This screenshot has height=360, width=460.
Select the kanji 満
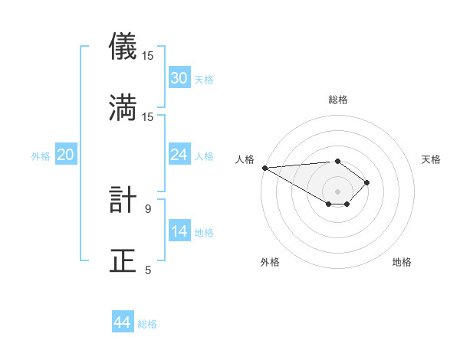pos(123,107)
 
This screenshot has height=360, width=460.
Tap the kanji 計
pos(123,201)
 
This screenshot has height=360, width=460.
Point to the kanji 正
pos(123,260)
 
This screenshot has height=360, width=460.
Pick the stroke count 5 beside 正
pos(148,270)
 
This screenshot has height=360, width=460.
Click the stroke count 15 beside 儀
pos(148,56)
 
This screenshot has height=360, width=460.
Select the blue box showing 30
pos(179,78)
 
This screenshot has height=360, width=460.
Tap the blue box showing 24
pos(179,155)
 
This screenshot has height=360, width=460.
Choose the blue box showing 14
pos(179,231)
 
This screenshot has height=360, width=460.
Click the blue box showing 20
pos(66,155)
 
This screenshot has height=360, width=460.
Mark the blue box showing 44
pos(123,322)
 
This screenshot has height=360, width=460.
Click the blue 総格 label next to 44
pos(147,324)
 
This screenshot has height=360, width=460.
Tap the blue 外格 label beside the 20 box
pos(41,155)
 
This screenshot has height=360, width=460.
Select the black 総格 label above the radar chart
pos(338,100)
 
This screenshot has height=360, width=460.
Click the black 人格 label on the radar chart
pos(244,159)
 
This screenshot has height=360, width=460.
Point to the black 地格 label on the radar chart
pos(402,262)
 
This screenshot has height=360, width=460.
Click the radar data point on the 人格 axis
pos(264,167)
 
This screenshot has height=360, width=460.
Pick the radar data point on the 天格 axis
pos(368,182)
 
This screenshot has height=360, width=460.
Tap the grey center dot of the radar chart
pos(337,191)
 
